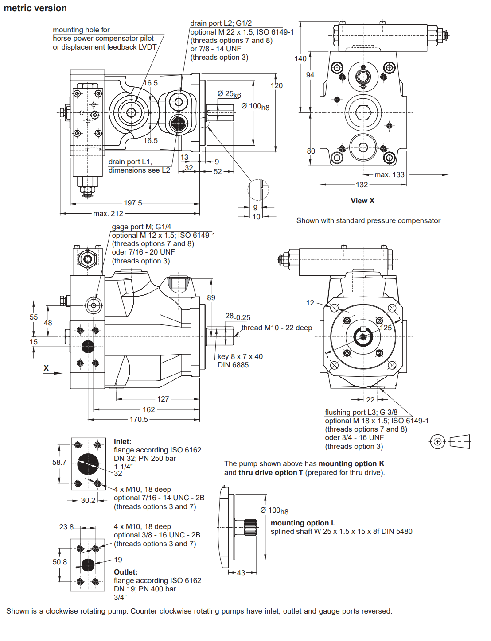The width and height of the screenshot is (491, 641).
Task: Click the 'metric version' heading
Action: [35, 8]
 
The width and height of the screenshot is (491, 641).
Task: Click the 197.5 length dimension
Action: [133, 203]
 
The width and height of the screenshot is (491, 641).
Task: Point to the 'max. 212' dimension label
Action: [108, 213]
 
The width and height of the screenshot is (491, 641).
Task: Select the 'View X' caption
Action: [362, 201]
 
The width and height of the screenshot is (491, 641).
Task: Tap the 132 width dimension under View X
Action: [362, 185]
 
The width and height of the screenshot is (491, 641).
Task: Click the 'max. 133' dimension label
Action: [389, 174]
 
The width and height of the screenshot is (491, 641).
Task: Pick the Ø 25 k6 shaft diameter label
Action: [229, 94]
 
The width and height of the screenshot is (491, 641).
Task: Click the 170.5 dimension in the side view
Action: [139, 419]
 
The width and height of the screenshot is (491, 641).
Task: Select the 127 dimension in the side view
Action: [163, 399]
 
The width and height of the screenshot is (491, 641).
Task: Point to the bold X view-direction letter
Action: [46, 368]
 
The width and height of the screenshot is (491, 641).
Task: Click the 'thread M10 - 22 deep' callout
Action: [277, 328]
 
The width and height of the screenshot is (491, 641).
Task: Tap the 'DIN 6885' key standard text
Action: [233, 365]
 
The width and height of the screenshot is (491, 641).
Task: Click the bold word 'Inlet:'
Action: [123, 441]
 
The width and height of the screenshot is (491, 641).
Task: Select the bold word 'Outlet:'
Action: [126, 572]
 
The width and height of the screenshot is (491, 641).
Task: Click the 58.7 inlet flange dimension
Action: [59, 462]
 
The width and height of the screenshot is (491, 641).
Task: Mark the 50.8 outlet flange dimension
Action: [60, 562]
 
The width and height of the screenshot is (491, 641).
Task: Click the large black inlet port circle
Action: [88, 464]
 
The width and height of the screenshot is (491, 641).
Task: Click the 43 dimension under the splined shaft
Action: [241, 573]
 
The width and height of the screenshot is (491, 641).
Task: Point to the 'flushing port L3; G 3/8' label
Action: [361, 412]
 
